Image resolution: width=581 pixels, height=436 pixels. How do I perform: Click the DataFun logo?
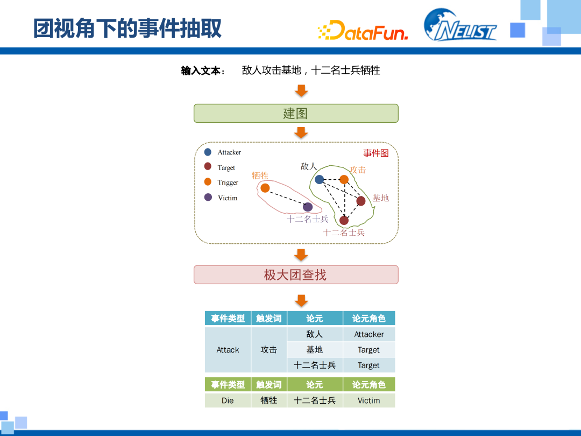(363, 30)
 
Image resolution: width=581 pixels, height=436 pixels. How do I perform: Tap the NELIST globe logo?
(459, 26)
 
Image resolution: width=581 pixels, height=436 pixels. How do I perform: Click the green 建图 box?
(296, 114)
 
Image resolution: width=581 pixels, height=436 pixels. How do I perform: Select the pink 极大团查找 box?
(296, 275)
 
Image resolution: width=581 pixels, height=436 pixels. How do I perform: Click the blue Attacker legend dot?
(208, 152)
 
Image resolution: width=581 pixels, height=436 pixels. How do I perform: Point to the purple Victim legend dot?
(208, 198)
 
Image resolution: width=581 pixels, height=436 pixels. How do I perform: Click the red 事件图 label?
(375, 153)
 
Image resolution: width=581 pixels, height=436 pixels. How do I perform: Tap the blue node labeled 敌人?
(320, 179)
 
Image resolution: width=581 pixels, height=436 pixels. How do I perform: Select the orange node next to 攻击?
(344, 179)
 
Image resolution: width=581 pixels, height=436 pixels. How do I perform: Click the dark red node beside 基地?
(360, 201)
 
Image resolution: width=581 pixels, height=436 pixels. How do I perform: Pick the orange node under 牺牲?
(265, 187)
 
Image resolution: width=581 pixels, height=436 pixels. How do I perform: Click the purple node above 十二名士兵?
(308, 207)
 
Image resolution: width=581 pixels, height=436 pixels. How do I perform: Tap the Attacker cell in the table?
(369, 334)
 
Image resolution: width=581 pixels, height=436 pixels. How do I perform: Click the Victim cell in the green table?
(369, 400)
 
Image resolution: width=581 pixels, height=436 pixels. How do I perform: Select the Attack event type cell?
(228, 350)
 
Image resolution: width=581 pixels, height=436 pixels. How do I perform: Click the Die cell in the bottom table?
(228, 400)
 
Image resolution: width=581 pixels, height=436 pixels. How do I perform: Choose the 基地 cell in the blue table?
(315, 350)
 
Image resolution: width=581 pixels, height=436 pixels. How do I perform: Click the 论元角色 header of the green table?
(369, 384)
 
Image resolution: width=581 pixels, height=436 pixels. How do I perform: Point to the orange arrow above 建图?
(302, 90)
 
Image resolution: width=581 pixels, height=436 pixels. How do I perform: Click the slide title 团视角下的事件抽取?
(127, 29)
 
